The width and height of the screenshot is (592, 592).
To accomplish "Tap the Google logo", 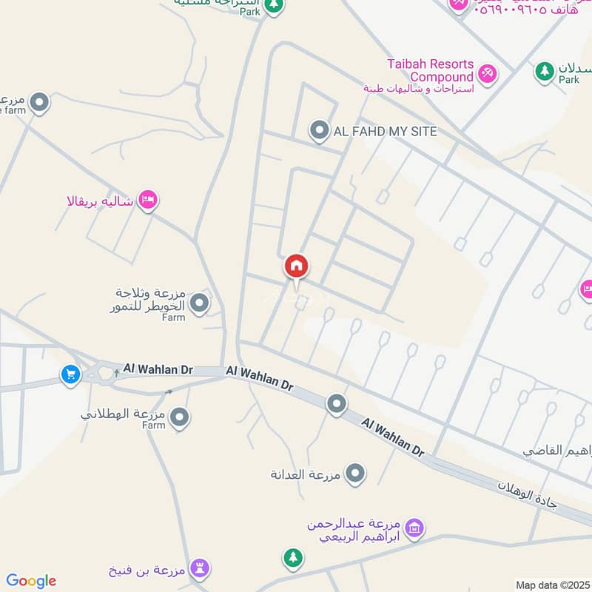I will pyautogui.click(x=31, y=581).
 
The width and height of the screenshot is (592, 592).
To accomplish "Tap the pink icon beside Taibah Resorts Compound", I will pyautogui.click(x=488, y=73).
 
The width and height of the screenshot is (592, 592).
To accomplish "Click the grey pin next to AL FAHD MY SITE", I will pyautogui.click(x=319, y=131).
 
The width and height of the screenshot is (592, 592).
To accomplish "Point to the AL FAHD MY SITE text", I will pyautogui.click(x=386, y=132).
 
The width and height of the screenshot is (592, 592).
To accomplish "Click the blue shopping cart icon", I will pyautogui.click(x=71, y=374).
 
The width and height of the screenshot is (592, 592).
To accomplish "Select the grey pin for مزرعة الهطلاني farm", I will pyautogui.click(x=179, y=418).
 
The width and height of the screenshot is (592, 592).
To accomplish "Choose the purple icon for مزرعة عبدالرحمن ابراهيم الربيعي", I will pyautogui.click(x=414, y=528).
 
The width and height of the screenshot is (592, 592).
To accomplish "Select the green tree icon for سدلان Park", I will pyautogui.click(x=545, y=72).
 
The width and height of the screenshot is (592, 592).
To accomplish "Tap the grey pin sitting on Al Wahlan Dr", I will pyautogui.click(x=337, y=403).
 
